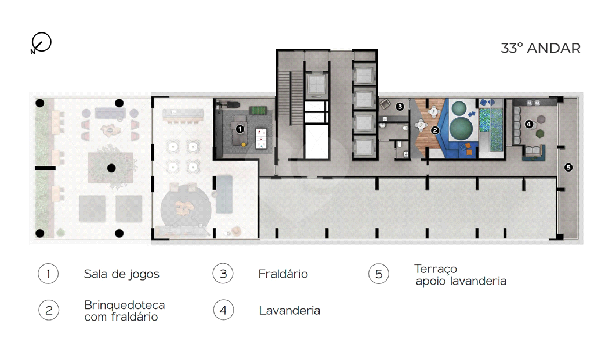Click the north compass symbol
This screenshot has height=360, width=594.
point(41,42)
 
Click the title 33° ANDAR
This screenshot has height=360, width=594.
point(541,49)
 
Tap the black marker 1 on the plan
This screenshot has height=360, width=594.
point(240,129)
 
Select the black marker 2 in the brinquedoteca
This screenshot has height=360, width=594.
point(435,130)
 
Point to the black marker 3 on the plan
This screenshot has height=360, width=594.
point(400,106)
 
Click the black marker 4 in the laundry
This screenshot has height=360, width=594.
point(529,124)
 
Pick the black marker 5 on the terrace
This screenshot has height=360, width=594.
point(568,167)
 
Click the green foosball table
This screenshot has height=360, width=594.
point(259,111)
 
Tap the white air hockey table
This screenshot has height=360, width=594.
point(261,137)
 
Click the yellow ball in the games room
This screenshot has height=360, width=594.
point(244,144)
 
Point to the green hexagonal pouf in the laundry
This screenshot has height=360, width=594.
point(539,133)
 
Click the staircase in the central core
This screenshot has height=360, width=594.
point(291,97)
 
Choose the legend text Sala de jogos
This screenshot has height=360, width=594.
point(122,274)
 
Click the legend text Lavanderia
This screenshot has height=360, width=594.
point(290,311)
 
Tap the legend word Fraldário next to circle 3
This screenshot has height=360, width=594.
point(283,274)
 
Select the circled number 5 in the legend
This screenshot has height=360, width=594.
point(379,274)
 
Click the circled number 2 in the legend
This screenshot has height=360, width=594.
point(49,310)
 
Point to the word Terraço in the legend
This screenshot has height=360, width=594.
point(436,269)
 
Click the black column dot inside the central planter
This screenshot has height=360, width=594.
point(111,168)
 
